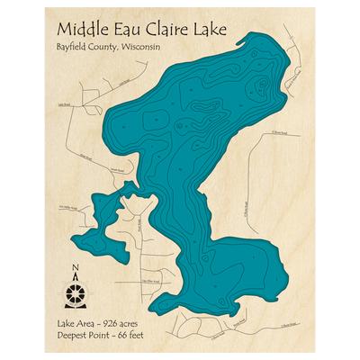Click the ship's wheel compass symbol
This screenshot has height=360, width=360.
[76, 292]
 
